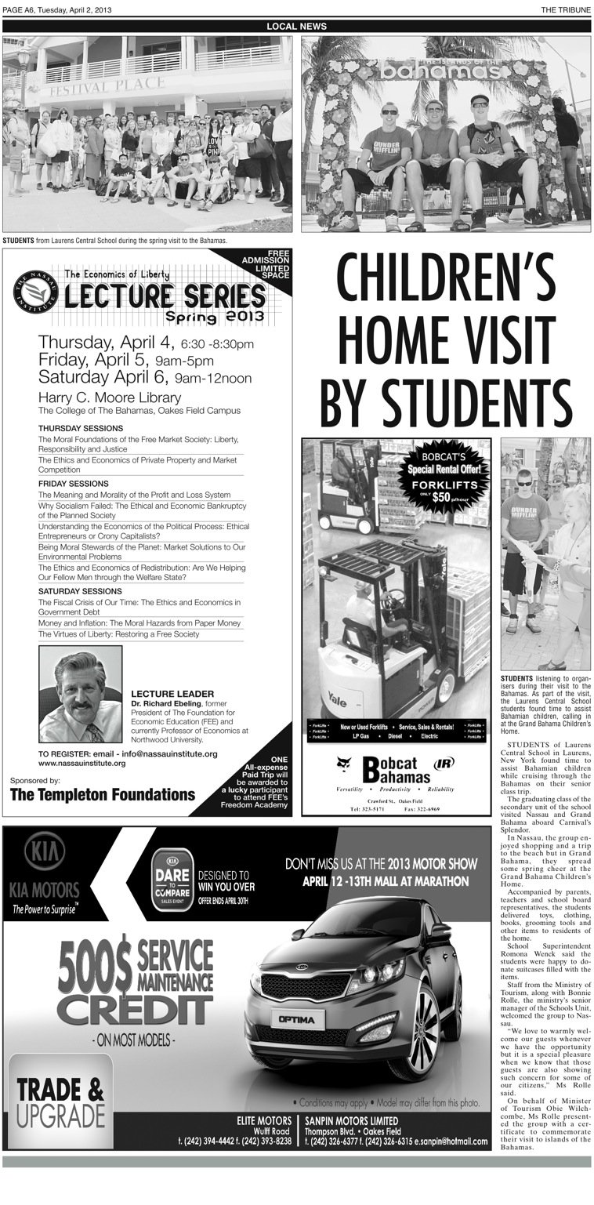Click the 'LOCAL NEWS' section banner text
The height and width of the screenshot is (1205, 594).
point(296,27)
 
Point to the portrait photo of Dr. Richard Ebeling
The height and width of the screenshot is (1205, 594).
point(81,694)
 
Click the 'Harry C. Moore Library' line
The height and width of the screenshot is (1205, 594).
point(110,397)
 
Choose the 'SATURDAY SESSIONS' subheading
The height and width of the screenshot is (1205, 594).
point(80,590)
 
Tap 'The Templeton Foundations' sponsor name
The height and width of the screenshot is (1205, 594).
point(103,794)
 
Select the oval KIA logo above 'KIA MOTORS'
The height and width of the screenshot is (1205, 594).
point(45,851)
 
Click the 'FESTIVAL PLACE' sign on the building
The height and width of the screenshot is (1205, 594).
point(96,85)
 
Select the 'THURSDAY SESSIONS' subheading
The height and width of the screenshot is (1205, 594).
point(81,428)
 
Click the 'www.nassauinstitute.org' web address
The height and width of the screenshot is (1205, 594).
point(81,763)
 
